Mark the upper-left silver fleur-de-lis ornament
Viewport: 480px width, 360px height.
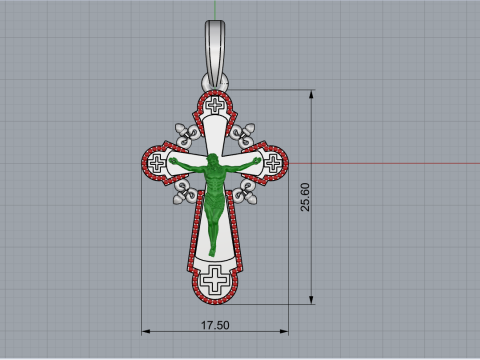[181, 131]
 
